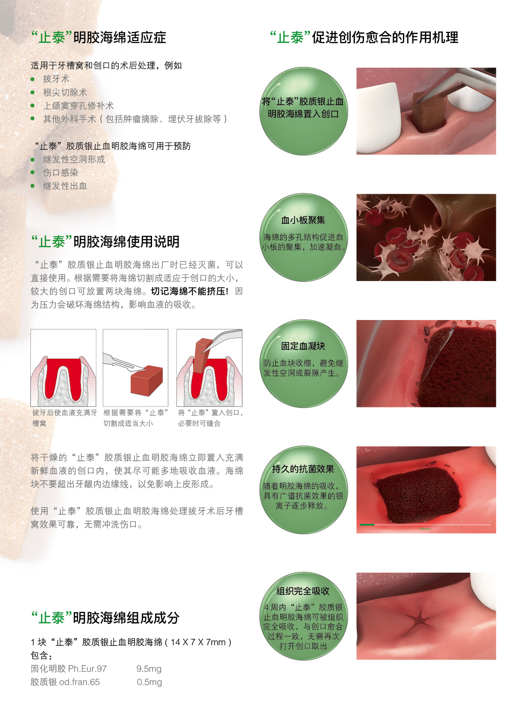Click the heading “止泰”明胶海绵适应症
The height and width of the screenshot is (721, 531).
(99, 37)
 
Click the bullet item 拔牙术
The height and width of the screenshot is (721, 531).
(56, 79)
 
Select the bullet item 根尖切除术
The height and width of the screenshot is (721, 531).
(65, 93)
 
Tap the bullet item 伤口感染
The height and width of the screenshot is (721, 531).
(60, 173)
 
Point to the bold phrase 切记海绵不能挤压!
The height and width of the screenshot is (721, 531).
(190, 291)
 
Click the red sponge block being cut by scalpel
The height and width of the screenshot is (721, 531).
(146, 380)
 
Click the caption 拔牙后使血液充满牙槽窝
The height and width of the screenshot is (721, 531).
(64, 418)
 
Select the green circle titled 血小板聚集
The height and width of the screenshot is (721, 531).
(304, 237)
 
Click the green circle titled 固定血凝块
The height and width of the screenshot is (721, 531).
(304, 363)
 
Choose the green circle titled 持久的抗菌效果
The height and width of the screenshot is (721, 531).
(304, 490)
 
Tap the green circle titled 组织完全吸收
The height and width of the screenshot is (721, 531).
(304, 616)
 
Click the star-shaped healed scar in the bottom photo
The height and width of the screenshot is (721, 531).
(419, 618)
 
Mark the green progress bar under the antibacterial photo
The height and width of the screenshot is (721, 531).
(367, 525)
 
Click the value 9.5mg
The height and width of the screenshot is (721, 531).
(149, 669)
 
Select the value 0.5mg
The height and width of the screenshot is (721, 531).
(149, 682)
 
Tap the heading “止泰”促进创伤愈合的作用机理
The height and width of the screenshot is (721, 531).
(364, 37)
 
